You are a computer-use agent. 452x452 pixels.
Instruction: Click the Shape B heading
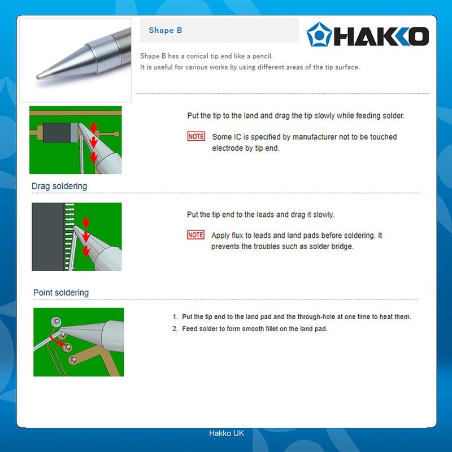(x=165, y=31)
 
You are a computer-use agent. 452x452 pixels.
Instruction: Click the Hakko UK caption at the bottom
(x=226, y=433)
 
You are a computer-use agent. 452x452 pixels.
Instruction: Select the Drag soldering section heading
(x=59, y=186)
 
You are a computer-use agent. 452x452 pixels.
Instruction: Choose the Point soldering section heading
(x=61, y=293)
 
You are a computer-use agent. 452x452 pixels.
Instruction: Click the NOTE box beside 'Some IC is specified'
(x=196, y=137)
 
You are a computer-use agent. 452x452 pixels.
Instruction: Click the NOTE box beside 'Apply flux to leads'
(x=195, y=235)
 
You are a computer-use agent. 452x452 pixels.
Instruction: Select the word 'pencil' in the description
(x=260, y=56)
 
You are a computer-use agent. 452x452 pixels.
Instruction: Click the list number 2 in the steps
(x=175, y=329)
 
